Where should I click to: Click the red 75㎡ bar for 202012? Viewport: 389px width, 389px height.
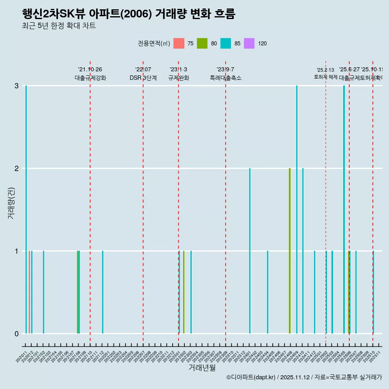pyautogui.click(x=30, y=292)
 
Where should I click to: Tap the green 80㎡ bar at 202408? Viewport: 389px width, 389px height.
pyautogui.click(x=290, y=250)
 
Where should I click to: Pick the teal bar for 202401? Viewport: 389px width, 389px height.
pyautogui.click(x=250, y=250)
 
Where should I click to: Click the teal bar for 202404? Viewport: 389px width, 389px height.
pyautogui.click(x=267, y=292)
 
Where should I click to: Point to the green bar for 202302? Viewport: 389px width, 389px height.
pyautogui.click(x=184, y=292)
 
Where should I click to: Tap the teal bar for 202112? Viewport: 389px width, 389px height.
pyautogui.click(x=103, y=292)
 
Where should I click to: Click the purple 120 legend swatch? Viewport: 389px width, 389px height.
pyautogui.click(x=249, y=43)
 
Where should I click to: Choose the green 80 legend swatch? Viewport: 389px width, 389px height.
pyautogui.click(x=202, y=43)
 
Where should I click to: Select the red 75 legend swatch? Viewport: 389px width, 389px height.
pyautogui.click(x=179, y=43)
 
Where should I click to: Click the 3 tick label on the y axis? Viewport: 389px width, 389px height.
pyautogui.click(x=17, y=85)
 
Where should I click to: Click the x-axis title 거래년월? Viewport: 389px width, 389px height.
pyautogui.click(x=202, y=367)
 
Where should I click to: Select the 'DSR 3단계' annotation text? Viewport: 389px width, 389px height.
pyautogui.click(x=143, y=78)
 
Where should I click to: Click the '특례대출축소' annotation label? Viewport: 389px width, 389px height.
pyautogui.click(x=225, y=78)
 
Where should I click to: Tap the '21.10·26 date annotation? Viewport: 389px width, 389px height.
pyautogui.click(x=90, y=69)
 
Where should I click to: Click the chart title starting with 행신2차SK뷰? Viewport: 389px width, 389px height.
pyautogui.click(x=128, y=14)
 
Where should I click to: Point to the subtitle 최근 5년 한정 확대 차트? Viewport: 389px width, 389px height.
pyautogui.click(x=59, y=26)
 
